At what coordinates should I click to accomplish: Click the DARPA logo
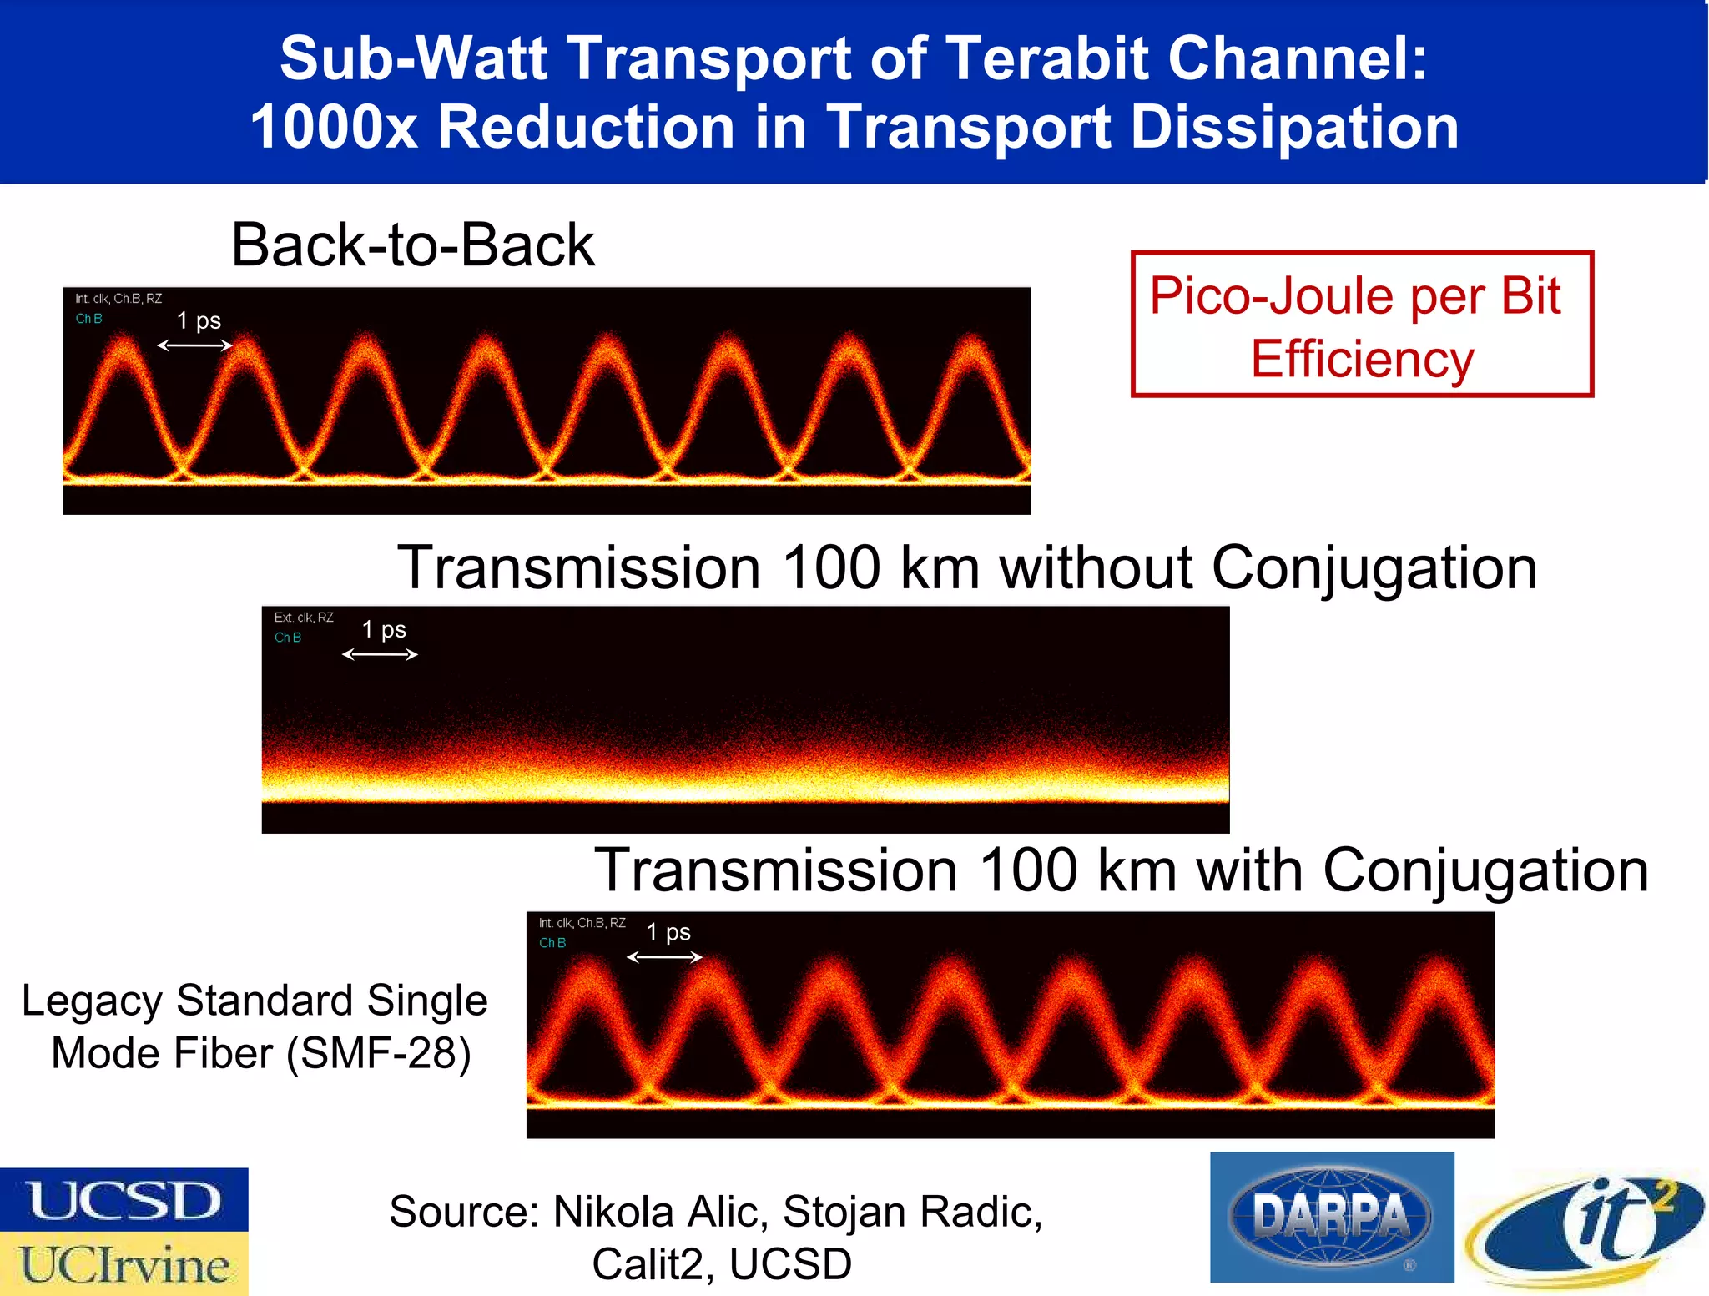click(1332, 1217)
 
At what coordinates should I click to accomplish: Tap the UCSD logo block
click(124, 1199)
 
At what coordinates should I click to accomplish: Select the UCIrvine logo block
click(124, 1263)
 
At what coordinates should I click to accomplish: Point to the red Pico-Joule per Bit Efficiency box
click(1362, 325)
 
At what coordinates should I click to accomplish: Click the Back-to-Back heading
click(413, 245)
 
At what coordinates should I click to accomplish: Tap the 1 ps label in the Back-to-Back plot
click(199, 320)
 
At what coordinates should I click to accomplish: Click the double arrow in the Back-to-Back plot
click(194, 345)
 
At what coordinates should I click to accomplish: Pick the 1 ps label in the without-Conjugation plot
click(384, 629)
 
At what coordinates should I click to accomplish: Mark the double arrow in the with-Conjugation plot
click(664, 957)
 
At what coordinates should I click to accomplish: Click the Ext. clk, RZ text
click(304, 618)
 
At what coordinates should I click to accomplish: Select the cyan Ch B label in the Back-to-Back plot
click(88, 319)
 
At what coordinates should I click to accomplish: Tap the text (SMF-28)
click(379, 1053)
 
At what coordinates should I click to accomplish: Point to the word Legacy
click(92, 1001)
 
